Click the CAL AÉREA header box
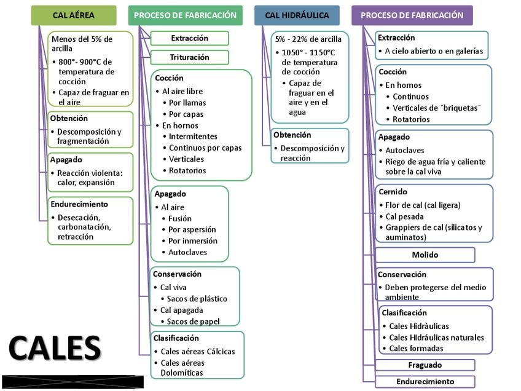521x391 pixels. (74, 15)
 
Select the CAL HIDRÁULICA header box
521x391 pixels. (297, 15)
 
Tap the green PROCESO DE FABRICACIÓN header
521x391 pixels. (186, 15)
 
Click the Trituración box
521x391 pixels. (190, 57)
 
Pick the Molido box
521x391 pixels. (425, 255)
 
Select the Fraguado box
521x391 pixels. (425, 365)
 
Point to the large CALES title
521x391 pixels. (55, 348)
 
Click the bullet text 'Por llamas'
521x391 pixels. (187, 103)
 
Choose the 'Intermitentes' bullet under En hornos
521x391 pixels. (193, 136)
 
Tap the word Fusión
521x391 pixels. (180, 218)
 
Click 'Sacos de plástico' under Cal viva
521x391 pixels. (197, 299)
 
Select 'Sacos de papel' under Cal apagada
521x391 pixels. (193, 322)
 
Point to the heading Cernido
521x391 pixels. (393, 192)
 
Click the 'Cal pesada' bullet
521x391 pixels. (404, 217)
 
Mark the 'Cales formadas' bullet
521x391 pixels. (416, 349)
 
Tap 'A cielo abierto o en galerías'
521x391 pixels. (434, 51)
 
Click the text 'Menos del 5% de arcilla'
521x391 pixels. (82, 44)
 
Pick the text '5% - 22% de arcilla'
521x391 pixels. (308, 39)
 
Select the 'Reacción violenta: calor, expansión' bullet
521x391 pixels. (90, 178)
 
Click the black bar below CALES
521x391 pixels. (72, 382)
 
